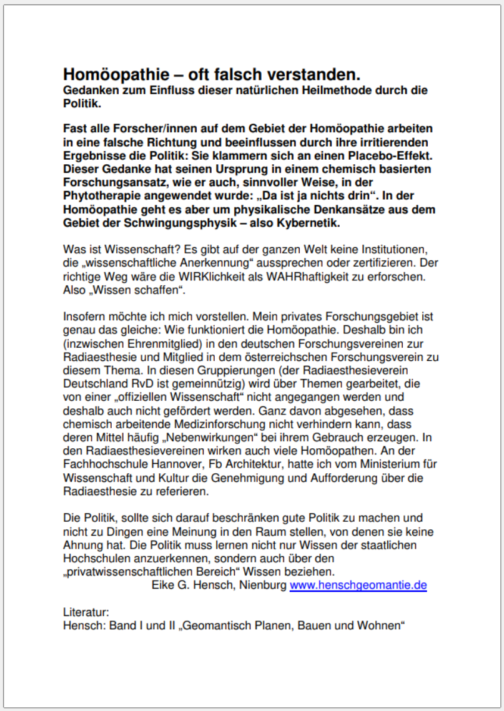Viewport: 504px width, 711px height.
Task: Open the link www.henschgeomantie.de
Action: point(358,586)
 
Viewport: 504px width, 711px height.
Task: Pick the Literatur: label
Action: point(86,613)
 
